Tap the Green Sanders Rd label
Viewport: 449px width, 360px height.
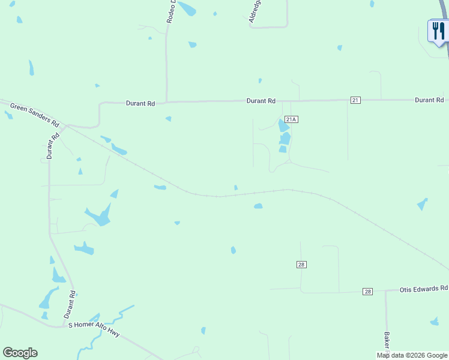point(35,114)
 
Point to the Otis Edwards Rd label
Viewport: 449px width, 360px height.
point(424,289)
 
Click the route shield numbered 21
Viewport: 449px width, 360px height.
point(355,100)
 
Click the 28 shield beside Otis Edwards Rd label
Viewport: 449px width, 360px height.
point(367,292)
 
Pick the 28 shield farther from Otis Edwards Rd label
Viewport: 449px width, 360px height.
point(301,265)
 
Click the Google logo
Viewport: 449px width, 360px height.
point(20,353)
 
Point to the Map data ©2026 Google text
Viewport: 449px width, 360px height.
point(412,355)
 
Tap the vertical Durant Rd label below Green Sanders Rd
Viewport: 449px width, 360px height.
point(53,145)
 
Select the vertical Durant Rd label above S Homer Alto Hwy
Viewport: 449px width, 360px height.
point(70,304)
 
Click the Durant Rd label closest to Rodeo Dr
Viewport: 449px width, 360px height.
point(140,103)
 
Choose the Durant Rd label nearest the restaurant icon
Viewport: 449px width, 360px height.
point(429,100)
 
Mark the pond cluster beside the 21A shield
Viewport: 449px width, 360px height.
point(284,136)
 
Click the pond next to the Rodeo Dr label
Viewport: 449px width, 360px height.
point(187,8)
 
